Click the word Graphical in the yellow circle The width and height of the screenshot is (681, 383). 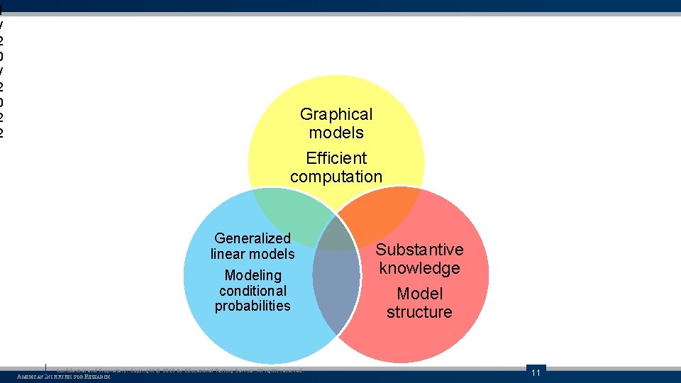point(336,114)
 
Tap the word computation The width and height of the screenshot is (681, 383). point(336,177)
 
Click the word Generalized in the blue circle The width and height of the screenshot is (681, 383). point(253,238)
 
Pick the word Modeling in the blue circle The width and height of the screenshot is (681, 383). point(253,275)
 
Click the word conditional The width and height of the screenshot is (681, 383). point(253,291)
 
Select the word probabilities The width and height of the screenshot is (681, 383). point(253,306)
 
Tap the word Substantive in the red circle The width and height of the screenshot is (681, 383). point(419,250)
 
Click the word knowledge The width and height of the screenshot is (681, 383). point(419,268)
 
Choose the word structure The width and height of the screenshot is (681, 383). point(419,312)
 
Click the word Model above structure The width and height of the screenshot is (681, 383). point(419,294)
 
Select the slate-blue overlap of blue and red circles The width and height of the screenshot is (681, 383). point(336,291)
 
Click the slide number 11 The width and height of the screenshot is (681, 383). point(536,373)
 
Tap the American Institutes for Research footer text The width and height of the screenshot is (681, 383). point(64,377)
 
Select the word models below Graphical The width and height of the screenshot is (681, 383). point(336,133)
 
